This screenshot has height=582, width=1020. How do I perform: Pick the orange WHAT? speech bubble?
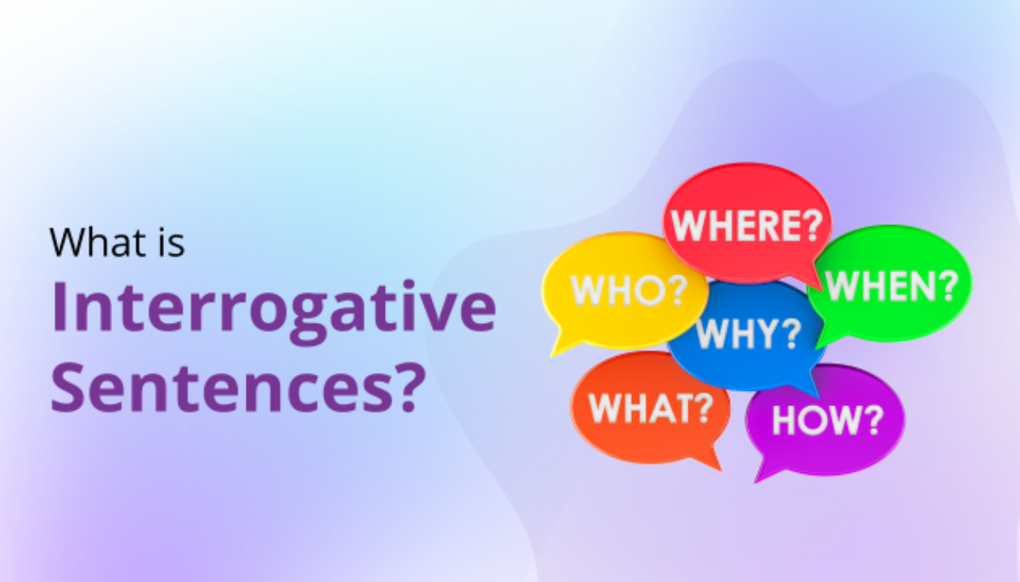pyautogui.click(x=650, y=408)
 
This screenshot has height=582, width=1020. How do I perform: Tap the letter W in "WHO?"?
pyautogui.click(x=589, y=291)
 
